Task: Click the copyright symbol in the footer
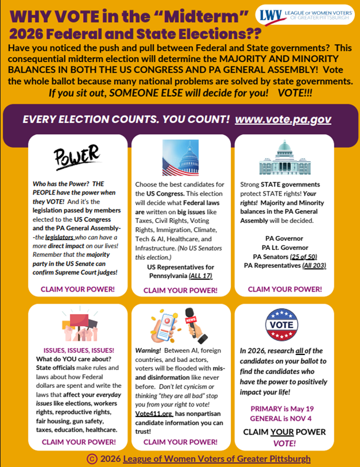pyautogui.click(x=91, y=458)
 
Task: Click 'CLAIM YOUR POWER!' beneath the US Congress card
pyautogui.click(x=179, y=290)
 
